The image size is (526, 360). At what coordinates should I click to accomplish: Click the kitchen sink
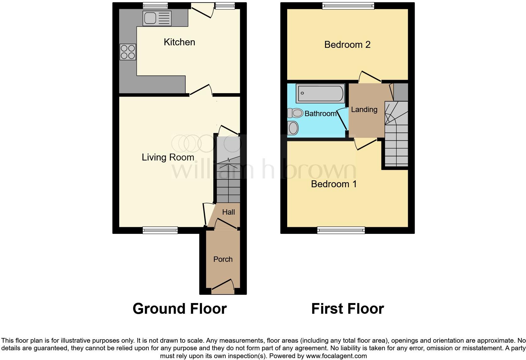157,18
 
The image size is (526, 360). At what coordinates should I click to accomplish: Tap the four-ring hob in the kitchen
128,52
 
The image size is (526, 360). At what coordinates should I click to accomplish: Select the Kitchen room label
179,42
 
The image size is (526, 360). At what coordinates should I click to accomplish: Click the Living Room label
168,157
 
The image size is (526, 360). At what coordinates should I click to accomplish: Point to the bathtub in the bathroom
320,93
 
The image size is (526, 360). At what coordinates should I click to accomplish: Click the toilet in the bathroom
295,113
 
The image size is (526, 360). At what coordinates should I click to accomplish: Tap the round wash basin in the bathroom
293,128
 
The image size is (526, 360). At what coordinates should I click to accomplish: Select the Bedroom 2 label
347,45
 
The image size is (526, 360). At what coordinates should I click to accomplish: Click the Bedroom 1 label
334,184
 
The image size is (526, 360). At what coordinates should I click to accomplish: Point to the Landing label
364,110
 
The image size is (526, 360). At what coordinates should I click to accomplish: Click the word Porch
223,259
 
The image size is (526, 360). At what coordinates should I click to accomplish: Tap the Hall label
228,212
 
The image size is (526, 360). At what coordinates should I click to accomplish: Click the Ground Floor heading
179,309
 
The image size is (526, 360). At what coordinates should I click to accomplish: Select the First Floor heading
347,309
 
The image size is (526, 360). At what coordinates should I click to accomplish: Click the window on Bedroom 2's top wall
348,5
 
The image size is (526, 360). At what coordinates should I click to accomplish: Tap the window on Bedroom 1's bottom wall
341,230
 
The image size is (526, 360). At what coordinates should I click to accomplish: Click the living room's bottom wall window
160,230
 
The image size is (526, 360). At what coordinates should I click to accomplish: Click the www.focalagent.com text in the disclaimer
336,356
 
